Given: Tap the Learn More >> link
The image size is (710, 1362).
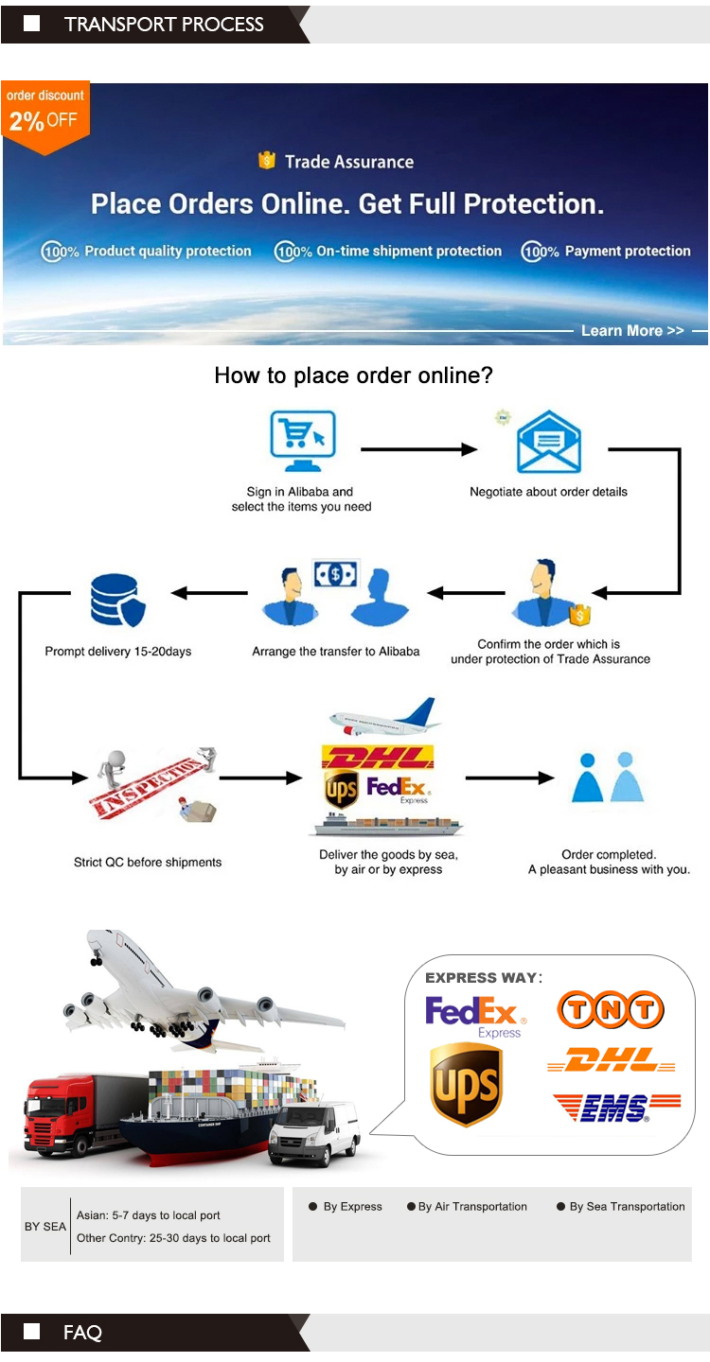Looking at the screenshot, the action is point(631,330).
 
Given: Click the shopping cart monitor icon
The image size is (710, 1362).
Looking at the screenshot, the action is point(302,441).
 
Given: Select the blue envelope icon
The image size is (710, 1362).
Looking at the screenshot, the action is point(548,443).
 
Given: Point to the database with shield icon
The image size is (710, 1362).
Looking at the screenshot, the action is point(117,600).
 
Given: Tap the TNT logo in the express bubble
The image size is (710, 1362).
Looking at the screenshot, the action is point(610,1010).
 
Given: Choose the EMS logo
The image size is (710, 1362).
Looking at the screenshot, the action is point(615,1108).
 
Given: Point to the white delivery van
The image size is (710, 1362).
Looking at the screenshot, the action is point(314,1132).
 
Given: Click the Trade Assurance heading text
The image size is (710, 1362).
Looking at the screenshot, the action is point(348,162).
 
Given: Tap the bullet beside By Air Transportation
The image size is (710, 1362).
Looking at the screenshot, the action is point(411,1207).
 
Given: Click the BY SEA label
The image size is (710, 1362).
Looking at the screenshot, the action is point(45,1227).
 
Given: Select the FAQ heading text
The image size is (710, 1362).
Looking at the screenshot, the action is point(82,1333).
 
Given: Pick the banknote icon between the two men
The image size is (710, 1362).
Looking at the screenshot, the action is point(336,574).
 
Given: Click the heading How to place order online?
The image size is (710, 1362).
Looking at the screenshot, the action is point(353,375).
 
